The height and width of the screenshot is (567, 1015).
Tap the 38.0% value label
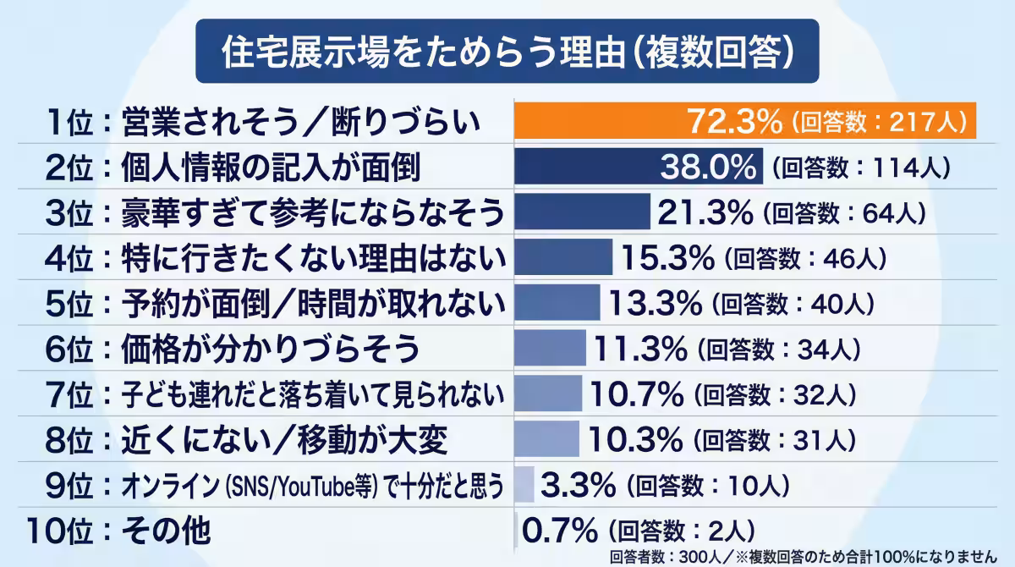pyautogui.click(x=707, y=167)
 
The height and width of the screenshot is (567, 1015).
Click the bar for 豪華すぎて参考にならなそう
pyautogui.click(x=582, y=212)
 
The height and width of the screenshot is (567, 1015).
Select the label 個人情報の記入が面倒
pyautogui.click(x=271, y=167)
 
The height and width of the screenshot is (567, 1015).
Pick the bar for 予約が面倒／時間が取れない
pyautogui.click(x=557, y=302)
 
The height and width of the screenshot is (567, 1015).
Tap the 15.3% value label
pyautogui.click(x=669, y=257)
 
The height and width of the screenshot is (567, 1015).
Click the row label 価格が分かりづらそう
pyautogui.click(x=271, y=348)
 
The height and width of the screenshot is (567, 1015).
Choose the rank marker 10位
pyautogui.click(x=58, y=531)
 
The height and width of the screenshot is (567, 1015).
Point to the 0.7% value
pyautogui.click(x=560, y=531)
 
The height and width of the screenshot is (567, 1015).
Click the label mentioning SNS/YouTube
pyautogui.click(x=313, y=486)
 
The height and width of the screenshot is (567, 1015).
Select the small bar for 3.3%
pyautogui.click(x=524, y=485)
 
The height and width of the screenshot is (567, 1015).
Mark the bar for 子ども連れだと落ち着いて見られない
pyautogui.click(x=548, y=394)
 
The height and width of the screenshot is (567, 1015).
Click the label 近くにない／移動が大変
pyautogui.click(x=279, y=439)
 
